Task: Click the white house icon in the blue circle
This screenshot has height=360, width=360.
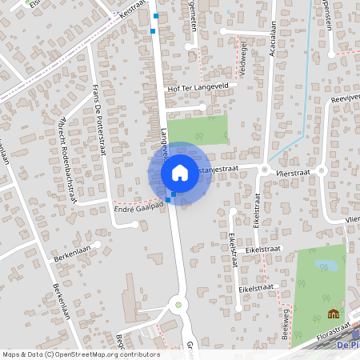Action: pos(179,172)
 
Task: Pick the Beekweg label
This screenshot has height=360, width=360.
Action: pos(286,324)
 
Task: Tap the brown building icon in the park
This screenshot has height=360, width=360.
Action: pos(333,313)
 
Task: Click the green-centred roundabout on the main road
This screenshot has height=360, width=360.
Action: pos(178,304)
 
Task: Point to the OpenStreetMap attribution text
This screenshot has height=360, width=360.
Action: pos(81,354)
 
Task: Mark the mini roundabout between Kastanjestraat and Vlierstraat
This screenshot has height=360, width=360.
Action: pos(264,168)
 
